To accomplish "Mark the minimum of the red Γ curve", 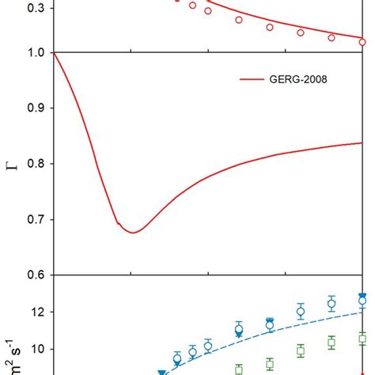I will [132, 233].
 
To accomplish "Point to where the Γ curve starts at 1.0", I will [53, 53].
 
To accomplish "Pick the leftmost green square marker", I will [239, 369].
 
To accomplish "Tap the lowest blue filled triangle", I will [161, 373].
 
